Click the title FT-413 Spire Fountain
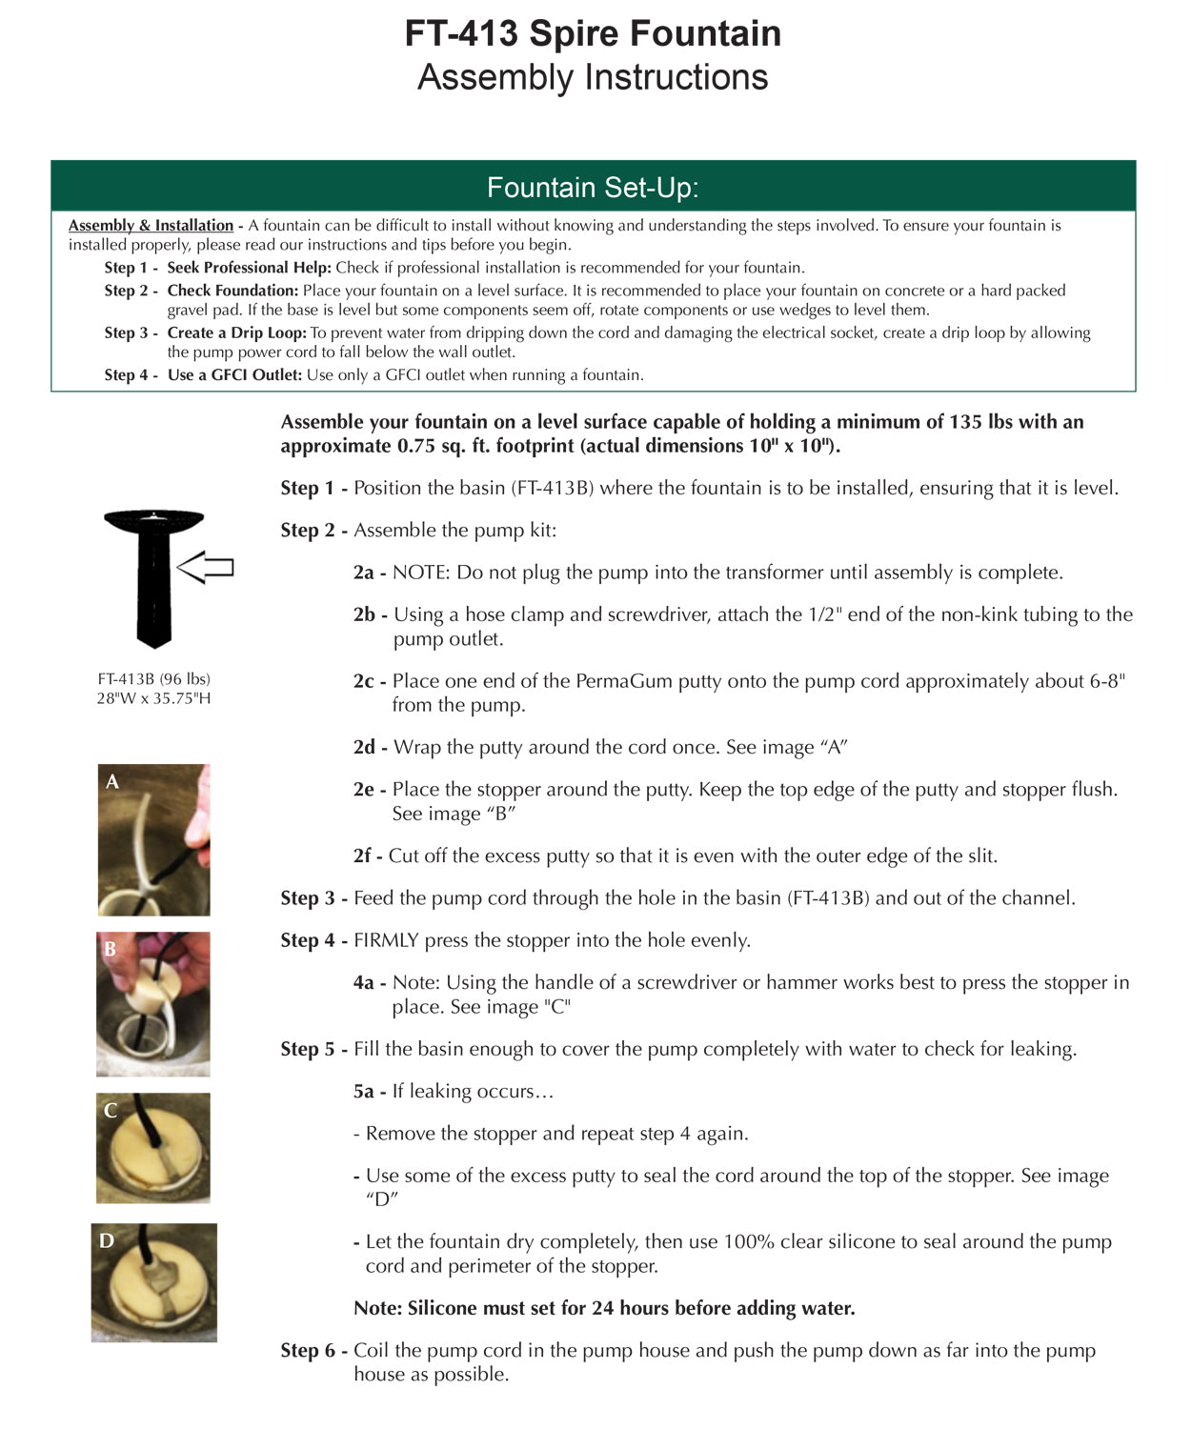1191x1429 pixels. [x=593, y=34]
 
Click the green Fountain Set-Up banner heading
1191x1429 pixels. [x=593, y=188]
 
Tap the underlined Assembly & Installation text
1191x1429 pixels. [x=151, y=226]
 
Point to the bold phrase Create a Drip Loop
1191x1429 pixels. [x=236, y=332]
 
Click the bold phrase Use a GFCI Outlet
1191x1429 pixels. [x=234, y=375]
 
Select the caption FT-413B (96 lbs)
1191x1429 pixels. [x=153, y=679]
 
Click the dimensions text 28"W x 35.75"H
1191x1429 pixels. [x=153, y=698]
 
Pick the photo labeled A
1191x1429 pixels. [x=153, y=839]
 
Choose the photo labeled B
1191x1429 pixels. [x=153, y=1004]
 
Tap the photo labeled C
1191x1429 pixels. [x=153, y=1148]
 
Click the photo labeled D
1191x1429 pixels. [x=153, y=1282]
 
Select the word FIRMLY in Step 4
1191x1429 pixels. [x=386, y=940]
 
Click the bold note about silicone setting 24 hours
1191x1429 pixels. [x=604, y=1308]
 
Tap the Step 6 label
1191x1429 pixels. [x=308, y=1350]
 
